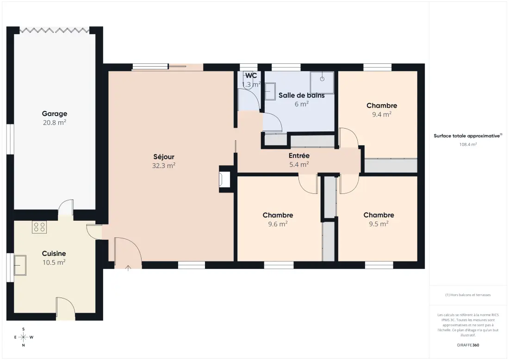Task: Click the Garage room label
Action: [x=55, y=114]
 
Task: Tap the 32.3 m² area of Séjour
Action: [x=164, y=166]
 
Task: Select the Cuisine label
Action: [x=54, y=254]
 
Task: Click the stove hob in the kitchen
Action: [x=39, y=227]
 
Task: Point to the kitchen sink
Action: [x=20, y=265]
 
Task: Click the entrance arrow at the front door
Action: [x=128, y=268]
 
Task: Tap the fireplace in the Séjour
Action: [x=224, y=179]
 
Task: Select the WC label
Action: [x=251, y=75]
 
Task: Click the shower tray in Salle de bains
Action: [x=322, y=82]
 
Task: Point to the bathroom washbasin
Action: [x=270, y=91]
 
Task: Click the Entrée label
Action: [x=299, y=156]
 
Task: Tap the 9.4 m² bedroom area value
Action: [x=382, y=114]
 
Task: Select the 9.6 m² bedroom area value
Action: [x=278, y=224]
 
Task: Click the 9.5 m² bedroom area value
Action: [x=379, y=223]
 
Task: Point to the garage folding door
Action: [x=54, y=31]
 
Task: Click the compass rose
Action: [x=24, y=337]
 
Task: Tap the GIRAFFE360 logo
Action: [x=468, y=345]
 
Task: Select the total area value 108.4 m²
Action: [x=468, y=144]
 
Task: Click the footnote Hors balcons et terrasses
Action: [x=468, y=295]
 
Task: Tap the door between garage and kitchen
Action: [x=66, y=207]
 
